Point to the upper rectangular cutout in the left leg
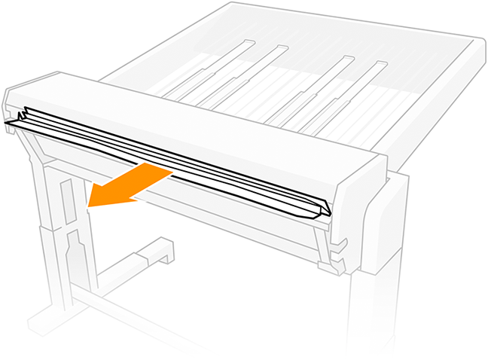[x=66, y=200]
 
